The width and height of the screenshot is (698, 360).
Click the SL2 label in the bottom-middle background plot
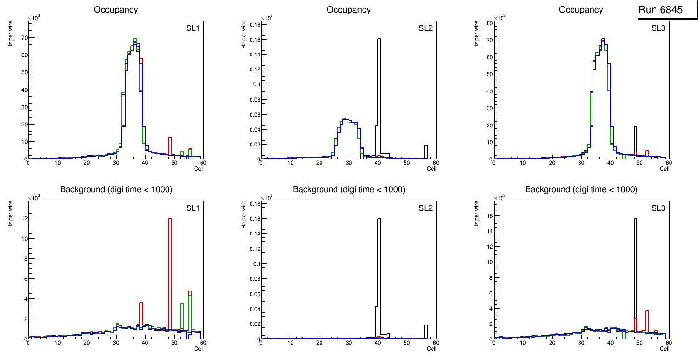(x=426, y=208)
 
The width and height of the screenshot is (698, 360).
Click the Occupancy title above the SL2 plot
(x=349, y=10)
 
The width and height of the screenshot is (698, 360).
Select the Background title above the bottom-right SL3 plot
(x=581, y=189)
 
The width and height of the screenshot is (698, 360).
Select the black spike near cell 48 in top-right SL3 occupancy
(x=635, y=140)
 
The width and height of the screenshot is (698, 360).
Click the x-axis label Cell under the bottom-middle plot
(x=432, y=349)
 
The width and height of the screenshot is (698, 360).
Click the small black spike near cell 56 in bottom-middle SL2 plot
(x=426, y=331)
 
